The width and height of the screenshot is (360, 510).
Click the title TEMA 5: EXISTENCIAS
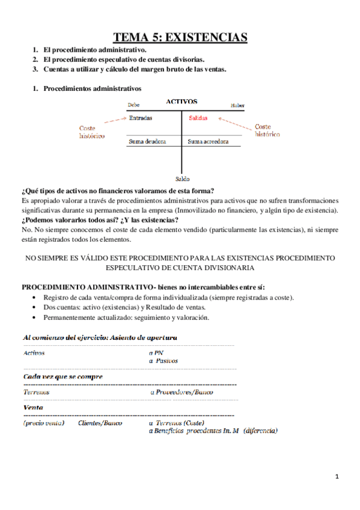coord(180,38)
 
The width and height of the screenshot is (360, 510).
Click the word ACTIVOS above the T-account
coord(182,102)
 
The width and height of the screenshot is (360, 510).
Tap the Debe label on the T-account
coord(133,105)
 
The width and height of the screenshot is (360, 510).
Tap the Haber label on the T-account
coord(237,106)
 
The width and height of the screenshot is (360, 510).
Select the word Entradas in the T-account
coord(141,118)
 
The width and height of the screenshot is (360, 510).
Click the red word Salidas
coord(198,118)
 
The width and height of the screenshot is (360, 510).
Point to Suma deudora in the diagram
coord(147,142)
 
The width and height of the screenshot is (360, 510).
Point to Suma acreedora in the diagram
coord(208,142)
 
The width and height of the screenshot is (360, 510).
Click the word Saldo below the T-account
coord(182,179)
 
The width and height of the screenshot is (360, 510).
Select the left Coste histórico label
coord(91,132)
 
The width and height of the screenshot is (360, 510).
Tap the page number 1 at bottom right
coord(337,477)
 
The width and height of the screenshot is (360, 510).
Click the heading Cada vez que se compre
coord(63,376)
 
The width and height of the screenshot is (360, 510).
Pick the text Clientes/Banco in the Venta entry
coord(100,423)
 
